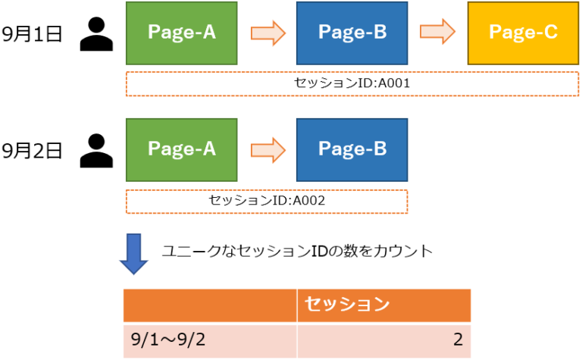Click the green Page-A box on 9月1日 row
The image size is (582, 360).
point(181,32)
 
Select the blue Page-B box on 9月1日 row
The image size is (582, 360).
point(352,32)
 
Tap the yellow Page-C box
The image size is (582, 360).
point(523,32)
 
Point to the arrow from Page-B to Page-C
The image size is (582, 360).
point(437,33)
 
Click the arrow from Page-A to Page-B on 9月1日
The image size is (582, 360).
point(267,33)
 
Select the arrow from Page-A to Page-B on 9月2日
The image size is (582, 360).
point(267,149)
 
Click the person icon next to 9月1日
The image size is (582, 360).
point(96,34)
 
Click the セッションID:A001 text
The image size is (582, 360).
point(352,83)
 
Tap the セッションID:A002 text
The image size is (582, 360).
point(267,200)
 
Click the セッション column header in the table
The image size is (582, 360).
point(346,305)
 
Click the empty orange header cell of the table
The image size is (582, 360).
point(210,305)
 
